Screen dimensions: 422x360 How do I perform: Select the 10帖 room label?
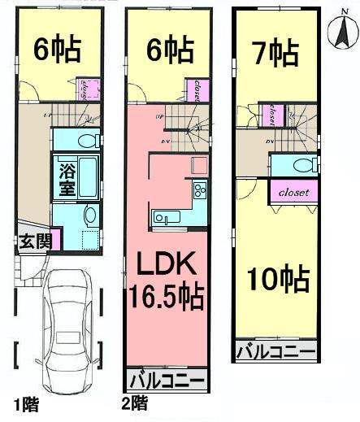click(x=279, y=281)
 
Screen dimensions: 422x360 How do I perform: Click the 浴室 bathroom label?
click(x=66, y=180)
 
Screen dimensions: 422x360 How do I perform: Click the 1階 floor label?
click(x=24, y=404)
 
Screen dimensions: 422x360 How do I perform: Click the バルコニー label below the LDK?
click(x=167, y=380)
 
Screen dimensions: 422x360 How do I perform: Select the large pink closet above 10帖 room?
click(x=293, y=193)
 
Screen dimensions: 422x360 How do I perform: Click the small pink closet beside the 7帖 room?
click(x=271, y=115)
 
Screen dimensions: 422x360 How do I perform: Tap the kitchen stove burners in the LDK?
click(x=199, y=192)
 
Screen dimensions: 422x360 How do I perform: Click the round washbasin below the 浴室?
click(x=89, y=215)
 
